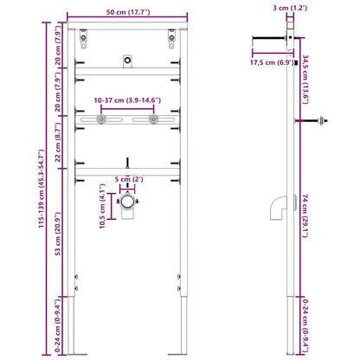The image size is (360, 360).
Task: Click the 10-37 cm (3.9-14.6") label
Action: pos(127,100)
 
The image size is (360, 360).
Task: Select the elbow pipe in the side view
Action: pos(278,209)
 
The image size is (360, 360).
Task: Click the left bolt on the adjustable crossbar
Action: pos(102,120)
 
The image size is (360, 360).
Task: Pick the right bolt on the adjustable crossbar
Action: pos(153,120)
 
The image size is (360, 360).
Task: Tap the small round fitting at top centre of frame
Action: pos(127,61)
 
